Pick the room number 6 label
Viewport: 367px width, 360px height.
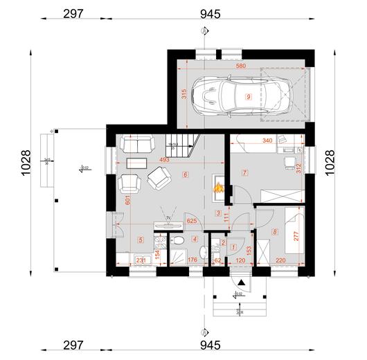point(185,175)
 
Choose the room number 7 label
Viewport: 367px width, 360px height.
point(244,174)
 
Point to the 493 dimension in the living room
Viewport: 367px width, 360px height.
point(164,161)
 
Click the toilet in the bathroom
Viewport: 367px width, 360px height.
point(177,240)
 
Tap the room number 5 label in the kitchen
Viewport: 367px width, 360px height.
point(141,240)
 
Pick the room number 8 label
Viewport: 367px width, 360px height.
point(274,233)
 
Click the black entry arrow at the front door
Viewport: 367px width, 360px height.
point(240,282)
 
